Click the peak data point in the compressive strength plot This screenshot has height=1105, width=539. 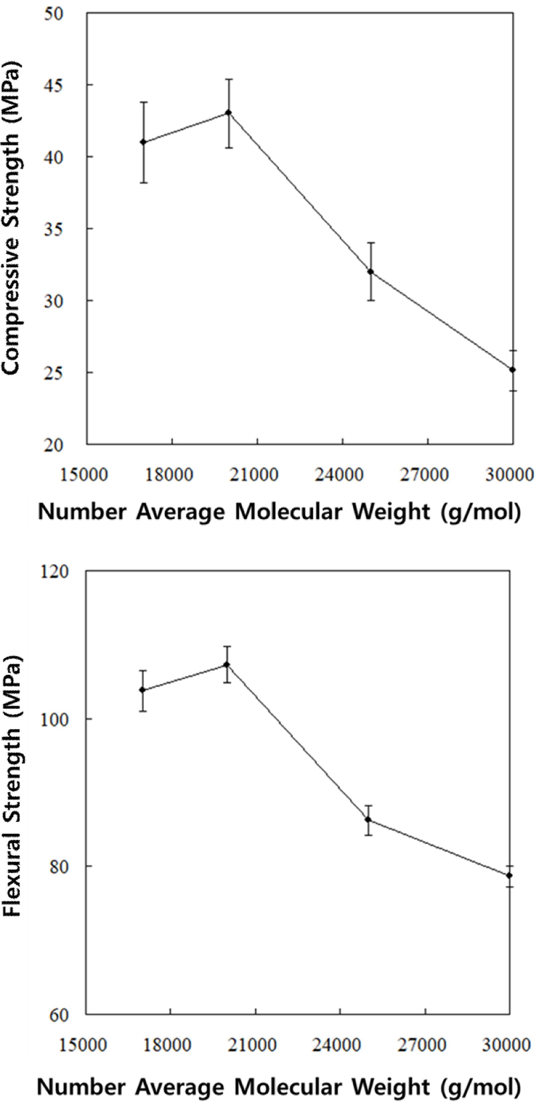pyautogui.click(x=229, y=113)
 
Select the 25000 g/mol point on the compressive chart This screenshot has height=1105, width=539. pyautogui.click(x=371, y=271)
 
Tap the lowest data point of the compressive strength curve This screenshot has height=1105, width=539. pyautogui.click(x=512, y=370)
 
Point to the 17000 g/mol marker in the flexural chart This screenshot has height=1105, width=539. pyautogui.click(x=142, y=690)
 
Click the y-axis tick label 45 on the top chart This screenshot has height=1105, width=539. pyautogui.click(x=54, y=85)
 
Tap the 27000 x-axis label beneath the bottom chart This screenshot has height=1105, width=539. pyautogui.click(x=422, y=1045)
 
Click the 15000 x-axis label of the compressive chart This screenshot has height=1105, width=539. pyautogui.click(x=84, y=475)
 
